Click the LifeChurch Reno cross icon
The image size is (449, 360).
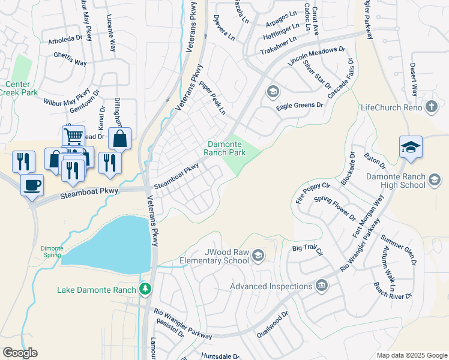431,107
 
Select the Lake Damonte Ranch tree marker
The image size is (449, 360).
145,290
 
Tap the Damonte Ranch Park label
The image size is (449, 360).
235,148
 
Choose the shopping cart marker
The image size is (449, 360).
73,136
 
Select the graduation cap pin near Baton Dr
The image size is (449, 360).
411,147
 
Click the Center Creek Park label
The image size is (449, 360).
22,88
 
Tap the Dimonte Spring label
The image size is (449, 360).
51,251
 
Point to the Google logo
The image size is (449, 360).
20,353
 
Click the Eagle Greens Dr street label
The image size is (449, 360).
300,106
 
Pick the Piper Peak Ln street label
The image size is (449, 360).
212,98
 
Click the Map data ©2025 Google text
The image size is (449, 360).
411,355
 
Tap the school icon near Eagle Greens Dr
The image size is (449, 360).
273,91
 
